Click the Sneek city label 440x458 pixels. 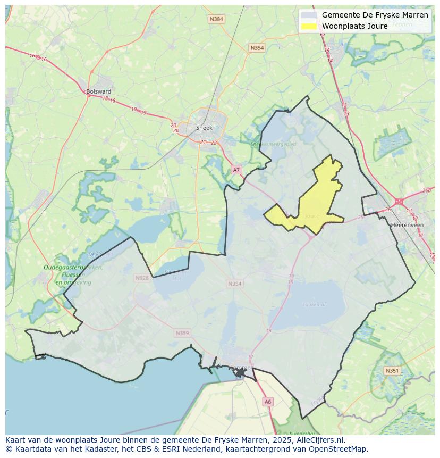204,128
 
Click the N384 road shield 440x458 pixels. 216,19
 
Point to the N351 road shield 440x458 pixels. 392,371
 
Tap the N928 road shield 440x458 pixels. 142,278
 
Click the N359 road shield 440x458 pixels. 182,333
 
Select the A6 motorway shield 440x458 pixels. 268,402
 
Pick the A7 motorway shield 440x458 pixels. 236,170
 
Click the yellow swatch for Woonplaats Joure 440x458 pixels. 309,26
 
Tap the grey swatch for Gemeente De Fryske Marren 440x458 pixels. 309,15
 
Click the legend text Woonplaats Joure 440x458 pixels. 354,26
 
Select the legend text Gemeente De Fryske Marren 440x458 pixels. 375,15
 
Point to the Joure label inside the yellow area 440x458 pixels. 312,216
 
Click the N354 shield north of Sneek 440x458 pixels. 257,48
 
